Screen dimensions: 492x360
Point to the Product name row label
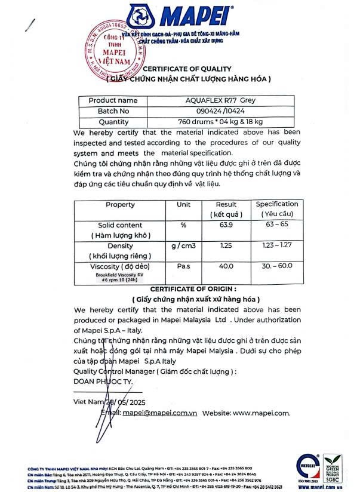click(x=113, y=100)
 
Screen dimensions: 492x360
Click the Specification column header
click(x=277, y=208)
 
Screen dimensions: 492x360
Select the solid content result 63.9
click(x=226, y=225)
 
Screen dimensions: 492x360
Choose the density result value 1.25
click(x=226, y=246)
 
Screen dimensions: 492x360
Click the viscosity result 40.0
click(x=226, y=266)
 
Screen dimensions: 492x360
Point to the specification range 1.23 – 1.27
click(x=277, y=246)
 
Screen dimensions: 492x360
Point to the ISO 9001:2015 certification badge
click(x=309, y=471)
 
